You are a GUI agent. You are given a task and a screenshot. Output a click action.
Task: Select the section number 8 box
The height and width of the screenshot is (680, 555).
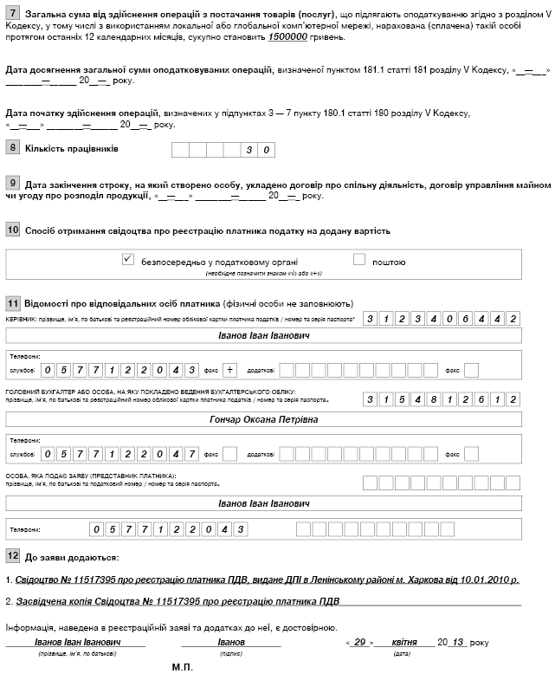[12, 148]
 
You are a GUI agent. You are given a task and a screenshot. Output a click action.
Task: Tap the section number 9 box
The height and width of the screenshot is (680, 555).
[12, 184]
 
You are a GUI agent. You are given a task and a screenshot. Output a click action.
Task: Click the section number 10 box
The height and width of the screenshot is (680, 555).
[13, 230]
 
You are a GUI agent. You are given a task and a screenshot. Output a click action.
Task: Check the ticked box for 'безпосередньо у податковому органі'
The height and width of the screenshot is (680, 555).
[128, 259]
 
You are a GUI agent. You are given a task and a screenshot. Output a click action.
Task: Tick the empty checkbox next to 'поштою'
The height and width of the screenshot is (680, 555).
[359, 259]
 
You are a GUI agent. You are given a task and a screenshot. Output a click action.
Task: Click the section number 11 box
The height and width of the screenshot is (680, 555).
[13, 304]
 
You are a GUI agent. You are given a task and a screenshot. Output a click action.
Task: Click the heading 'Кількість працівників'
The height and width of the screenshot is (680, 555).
[72, 148]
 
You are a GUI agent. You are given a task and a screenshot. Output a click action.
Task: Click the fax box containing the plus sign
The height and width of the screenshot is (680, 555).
[230, 370]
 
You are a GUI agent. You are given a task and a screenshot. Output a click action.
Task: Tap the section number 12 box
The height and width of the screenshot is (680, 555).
[13, 555]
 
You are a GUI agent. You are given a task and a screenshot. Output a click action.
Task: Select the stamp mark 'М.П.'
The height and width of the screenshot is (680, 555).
[183, 668]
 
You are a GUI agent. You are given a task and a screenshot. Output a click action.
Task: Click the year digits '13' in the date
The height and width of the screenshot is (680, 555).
[459, 643]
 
